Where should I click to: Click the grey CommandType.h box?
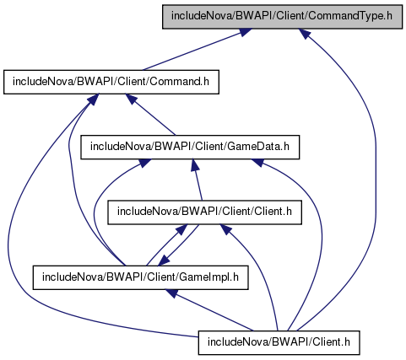pos(282,16)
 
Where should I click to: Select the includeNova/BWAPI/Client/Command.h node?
pos(111,82)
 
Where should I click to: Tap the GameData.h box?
pos(190,147)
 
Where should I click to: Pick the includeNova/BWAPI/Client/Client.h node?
pos(204,212)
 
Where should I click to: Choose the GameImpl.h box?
pos(140,277)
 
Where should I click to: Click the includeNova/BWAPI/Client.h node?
pos(279,342)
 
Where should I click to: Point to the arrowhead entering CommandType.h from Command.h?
pos(245,32)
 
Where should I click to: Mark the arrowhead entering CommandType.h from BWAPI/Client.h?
pos(305,34)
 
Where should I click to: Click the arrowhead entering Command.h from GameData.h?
pos(131,99)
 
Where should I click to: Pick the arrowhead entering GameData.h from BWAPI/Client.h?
pos(257,162)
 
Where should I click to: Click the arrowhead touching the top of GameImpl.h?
pos(164,261)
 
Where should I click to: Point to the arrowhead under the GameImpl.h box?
pos(171,293)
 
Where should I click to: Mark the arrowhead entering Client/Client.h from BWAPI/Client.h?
pos(226,229)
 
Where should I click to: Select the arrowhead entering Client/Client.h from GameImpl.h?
pos(181,229)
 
